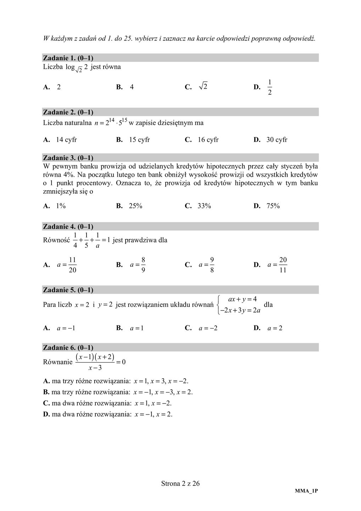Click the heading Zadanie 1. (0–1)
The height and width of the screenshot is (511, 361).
pyautogui.click(x=68, y=58)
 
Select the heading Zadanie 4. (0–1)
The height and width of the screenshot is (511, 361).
pyautogui.click(x=68, y=226)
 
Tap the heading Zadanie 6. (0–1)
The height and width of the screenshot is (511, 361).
pyautogui.click(x=68, y=347)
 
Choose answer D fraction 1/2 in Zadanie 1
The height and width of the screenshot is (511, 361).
pyautogui.click(x=270, y=87)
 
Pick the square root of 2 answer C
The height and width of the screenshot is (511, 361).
pyautogui.click(x=203, y=86)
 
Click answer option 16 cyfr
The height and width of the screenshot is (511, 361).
pyautogui.click(x=208, y=140)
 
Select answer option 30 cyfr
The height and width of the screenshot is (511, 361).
pyautogui.click(x=277, y=140)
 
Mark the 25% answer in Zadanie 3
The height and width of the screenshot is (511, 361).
pyautogui.click(x=135, y=206)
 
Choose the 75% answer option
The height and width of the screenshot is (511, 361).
pyautogui.click(x=273, y=206)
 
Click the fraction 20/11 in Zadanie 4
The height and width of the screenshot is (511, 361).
pyautogui.click(x=283, y=265)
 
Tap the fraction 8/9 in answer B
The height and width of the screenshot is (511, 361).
pyautogui.click(x=143, y=265)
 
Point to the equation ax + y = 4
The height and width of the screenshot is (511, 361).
pyautogui.click(x=243, y=299)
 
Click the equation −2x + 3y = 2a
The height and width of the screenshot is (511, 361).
pyautogui.click(x=240, y=311)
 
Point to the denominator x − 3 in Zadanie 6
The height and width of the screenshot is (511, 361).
pyautogui.click(x=95, y=368)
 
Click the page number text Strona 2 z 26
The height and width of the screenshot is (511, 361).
pyautogui.click(x=180, y=483)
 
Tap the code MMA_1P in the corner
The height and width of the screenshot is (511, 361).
pyautogui.click(x=306, y=491)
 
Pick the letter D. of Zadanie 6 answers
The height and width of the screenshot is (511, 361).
pyautogui.click(x=46, y=414)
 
